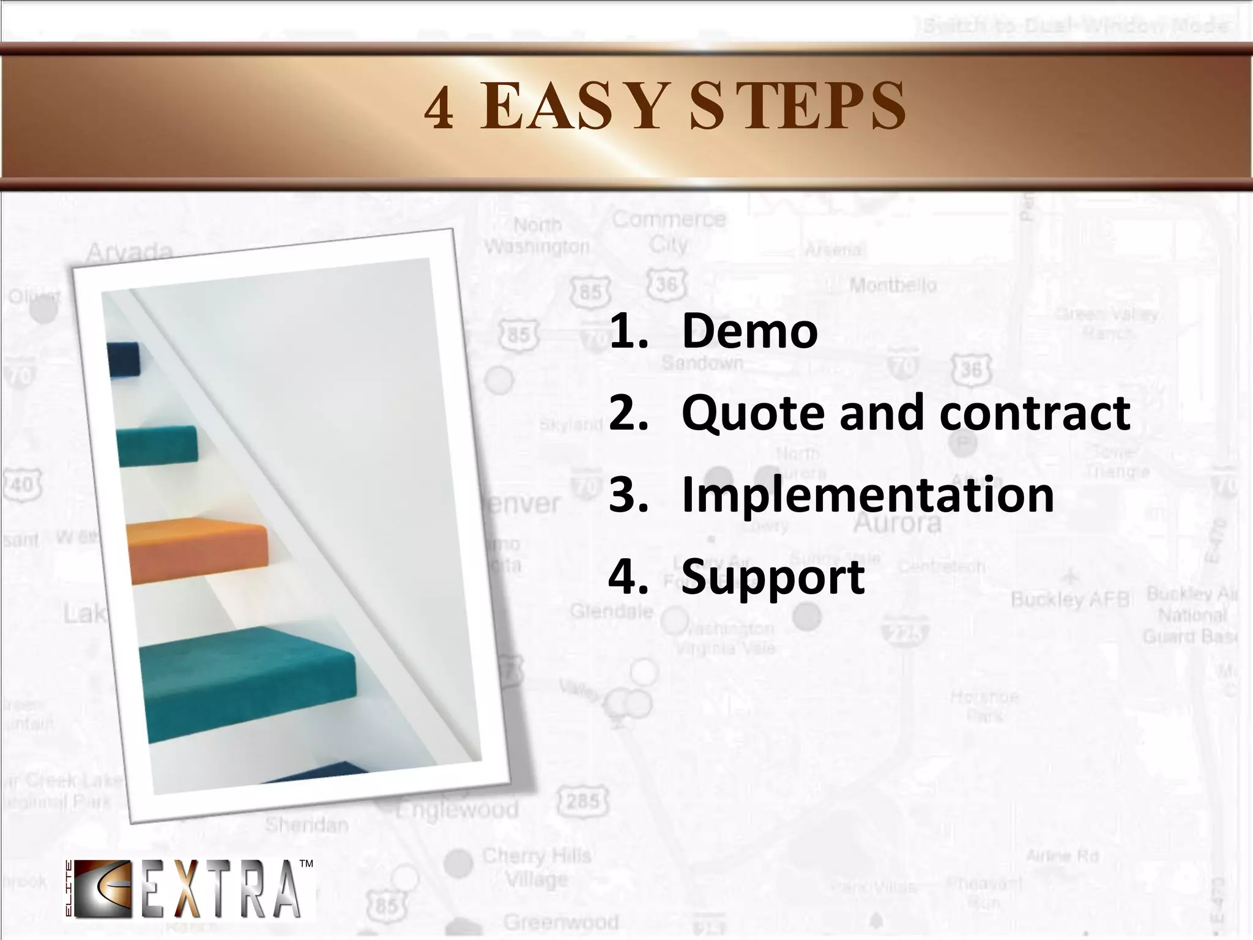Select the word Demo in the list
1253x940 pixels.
[749, 331]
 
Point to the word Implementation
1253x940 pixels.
[868, 494]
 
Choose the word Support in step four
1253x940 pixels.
[773, 577]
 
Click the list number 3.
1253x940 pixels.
[628, 494]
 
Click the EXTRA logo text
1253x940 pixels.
[221, 890]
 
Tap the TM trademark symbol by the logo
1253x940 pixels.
[306, 864]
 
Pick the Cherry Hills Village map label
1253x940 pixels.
[537, 867]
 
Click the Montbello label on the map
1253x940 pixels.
[893, 285]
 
